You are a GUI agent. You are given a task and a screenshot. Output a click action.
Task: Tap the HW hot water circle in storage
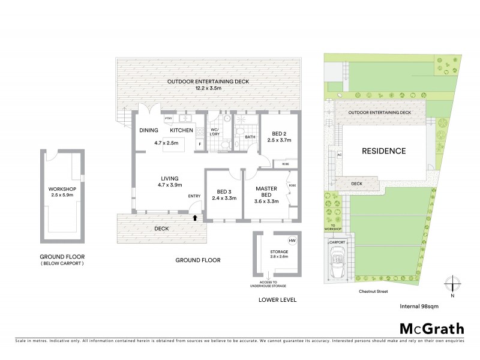coord(292,241)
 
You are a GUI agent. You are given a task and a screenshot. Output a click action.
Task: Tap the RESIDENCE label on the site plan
coord(383,151)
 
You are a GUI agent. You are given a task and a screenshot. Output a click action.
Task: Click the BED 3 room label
coord(223,193)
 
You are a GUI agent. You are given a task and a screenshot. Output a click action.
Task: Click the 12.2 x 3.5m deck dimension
coord(208,89)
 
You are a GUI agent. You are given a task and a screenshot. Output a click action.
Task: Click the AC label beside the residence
coord(340,154)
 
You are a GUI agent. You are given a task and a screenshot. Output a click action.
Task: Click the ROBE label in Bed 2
coord(286,163)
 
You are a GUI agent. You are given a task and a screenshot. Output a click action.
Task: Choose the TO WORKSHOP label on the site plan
coord(334,227)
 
